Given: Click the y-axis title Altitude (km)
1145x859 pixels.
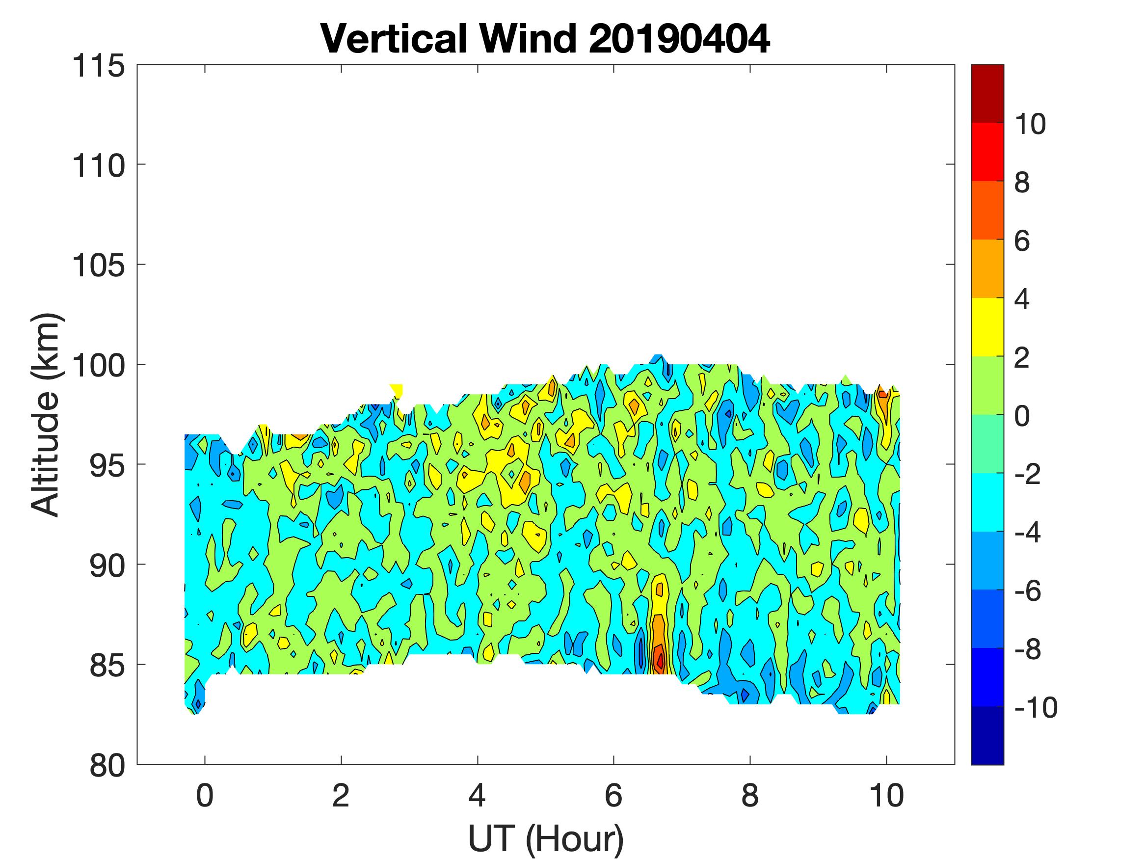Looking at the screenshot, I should point(46,414).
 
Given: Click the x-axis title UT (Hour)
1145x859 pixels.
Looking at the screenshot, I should point(546,839).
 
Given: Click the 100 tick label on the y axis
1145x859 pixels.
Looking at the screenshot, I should point(98,366).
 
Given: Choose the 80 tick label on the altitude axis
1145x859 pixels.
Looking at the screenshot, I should point(107,765).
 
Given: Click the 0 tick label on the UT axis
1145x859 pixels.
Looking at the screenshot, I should point(205,795).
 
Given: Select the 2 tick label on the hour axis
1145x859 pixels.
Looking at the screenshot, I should point(341,795).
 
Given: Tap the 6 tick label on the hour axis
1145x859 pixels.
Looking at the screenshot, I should point(613,795).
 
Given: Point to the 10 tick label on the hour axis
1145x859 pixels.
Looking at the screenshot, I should point(886,795).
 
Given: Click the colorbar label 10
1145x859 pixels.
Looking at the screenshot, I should point(1030,124).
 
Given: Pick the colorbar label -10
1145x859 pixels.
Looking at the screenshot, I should point(1035,707).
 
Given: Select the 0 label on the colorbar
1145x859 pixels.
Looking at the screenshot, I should point(1021,416).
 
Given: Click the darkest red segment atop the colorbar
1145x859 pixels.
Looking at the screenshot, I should point(987,93).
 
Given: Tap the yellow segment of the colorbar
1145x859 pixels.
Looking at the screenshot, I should point(987,327).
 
